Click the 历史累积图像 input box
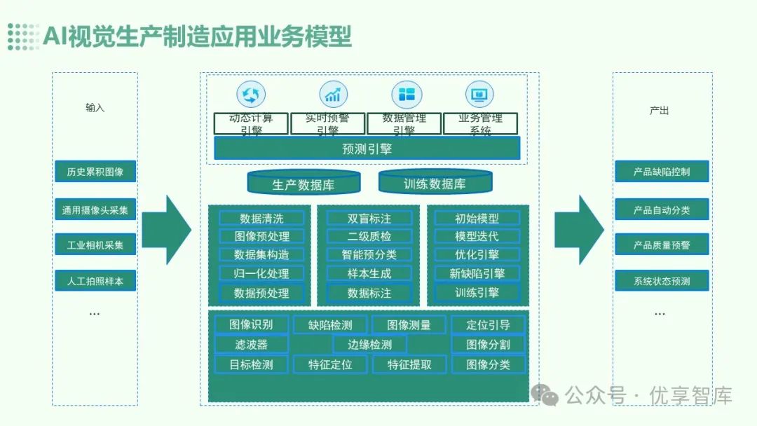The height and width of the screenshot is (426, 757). point(95,172)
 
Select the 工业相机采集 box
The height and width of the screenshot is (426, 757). point(95,245)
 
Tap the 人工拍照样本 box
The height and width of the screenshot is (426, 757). point(95,281)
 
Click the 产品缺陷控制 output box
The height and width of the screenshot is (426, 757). point(662,172)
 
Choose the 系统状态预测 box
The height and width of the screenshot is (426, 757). point(662,281)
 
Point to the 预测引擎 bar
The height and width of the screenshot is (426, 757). point(367,149)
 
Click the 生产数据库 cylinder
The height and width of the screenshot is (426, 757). point(303,184)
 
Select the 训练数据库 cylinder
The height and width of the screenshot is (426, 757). point(434,183)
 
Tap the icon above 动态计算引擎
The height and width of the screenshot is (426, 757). point(250,94)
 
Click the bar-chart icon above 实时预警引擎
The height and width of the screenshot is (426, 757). point(333,94)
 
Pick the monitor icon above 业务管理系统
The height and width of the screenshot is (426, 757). point(479,94)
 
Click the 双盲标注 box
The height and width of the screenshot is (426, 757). point(369,218)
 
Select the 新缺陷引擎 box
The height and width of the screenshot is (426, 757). point(477,273)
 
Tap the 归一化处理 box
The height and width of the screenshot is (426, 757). point(261,273)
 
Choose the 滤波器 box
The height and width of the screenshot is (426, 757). point(250,344)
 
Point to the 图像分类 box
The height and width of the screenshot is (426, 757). point(488,364)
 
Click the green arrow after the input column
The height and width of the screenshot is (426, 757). point(166,229)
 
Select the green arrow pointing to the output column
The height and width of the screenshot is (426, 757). point(579,229)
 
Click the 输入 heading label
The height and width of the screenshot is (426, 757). point(95,108)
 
